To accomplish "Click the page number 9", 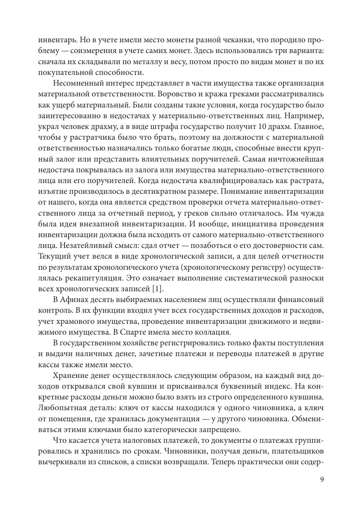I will coord(322,480).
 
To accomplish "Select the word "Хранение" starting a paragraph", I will coord(69,375).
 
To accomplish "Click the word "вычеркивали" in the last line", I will coord(60,462).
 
